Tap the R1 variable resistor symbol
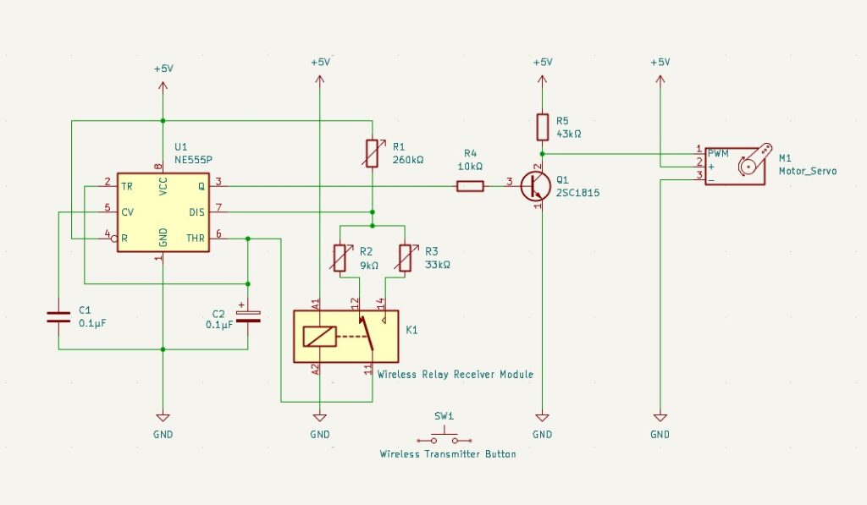point(372,153)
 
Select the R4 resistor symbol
point(471,186)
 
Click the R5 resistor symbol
point(543,127)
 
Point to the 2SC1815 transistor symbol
point(534,186)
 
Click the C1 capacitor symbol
point(58,317)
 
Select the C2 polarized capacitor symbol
point(247,316)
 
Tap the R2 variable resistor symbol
point(340,257)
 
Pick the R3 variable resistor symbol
point(405,257)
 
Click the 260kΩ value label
point(408,159)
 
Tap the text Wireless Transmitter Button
point(447,454)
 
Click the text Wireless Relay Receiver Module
point(456,374)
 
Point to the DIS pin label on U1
point(196,211)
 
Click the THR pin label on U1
point(196,239)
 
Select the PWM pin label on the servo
point(718,153)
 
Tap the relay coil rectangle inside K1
point(319,336)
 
